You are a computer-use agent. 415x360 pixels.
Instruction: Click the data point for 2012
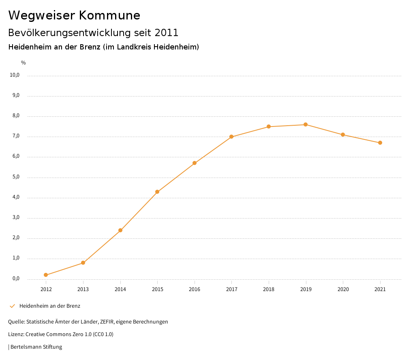(46, 275)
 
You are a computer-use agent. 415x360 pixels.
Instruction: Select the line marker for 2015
(157, 192)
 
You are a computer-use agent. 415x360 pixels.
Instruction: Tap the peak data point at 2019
(306, 124)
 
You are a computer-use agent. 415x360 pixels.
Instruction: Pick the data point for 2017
(231, 137)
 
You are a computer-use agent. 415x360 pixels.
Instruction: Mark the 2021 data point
(380, 143)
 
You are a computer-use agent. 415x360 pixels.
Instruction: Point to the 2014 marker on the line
(120, 230)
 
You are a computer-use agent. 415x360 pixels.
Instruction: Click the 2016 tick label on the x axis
(195, 289)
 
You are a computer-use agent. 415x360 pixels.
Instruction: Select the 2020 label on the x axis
(343, 289)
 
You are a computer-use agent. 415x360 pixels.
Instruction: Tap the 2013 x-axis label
(83, 289)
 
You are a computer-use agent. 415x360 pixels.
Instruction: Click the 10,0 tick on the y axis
(15, 75)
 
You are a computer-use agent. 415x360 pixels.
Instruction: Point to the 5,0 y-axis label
(16, 177)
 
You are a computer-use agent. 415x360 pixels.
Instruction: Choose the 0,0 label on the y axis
(16, 279)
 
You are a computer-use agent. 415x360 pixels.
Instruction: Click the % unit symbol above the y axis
(24, 63)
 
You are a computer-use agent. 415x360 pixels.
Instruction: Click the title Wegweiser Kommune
(74, 15)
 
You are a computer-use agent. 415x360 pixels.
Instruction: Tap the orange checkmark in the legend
(12, 306)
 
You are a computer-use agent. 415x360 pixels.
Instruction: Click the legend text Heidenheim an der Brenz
(50, 306)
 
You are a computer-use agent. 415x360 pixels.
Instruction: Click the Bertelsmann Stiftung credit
(36, 347)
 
